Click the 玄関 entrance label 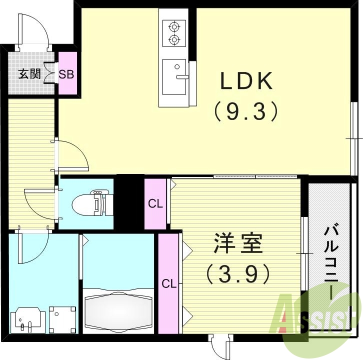pos(29,75)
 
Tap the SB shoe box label pos(67,75)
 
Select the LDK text pos(246,81)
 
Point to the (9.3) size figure pos(246,111)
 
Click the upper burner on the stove pos(174,26)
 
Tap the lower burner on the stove pos(174,39)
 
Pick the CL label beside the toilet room pos(155,204)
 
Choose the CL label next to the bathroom pos(168,284)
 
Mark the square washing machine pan pos(61,318)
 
